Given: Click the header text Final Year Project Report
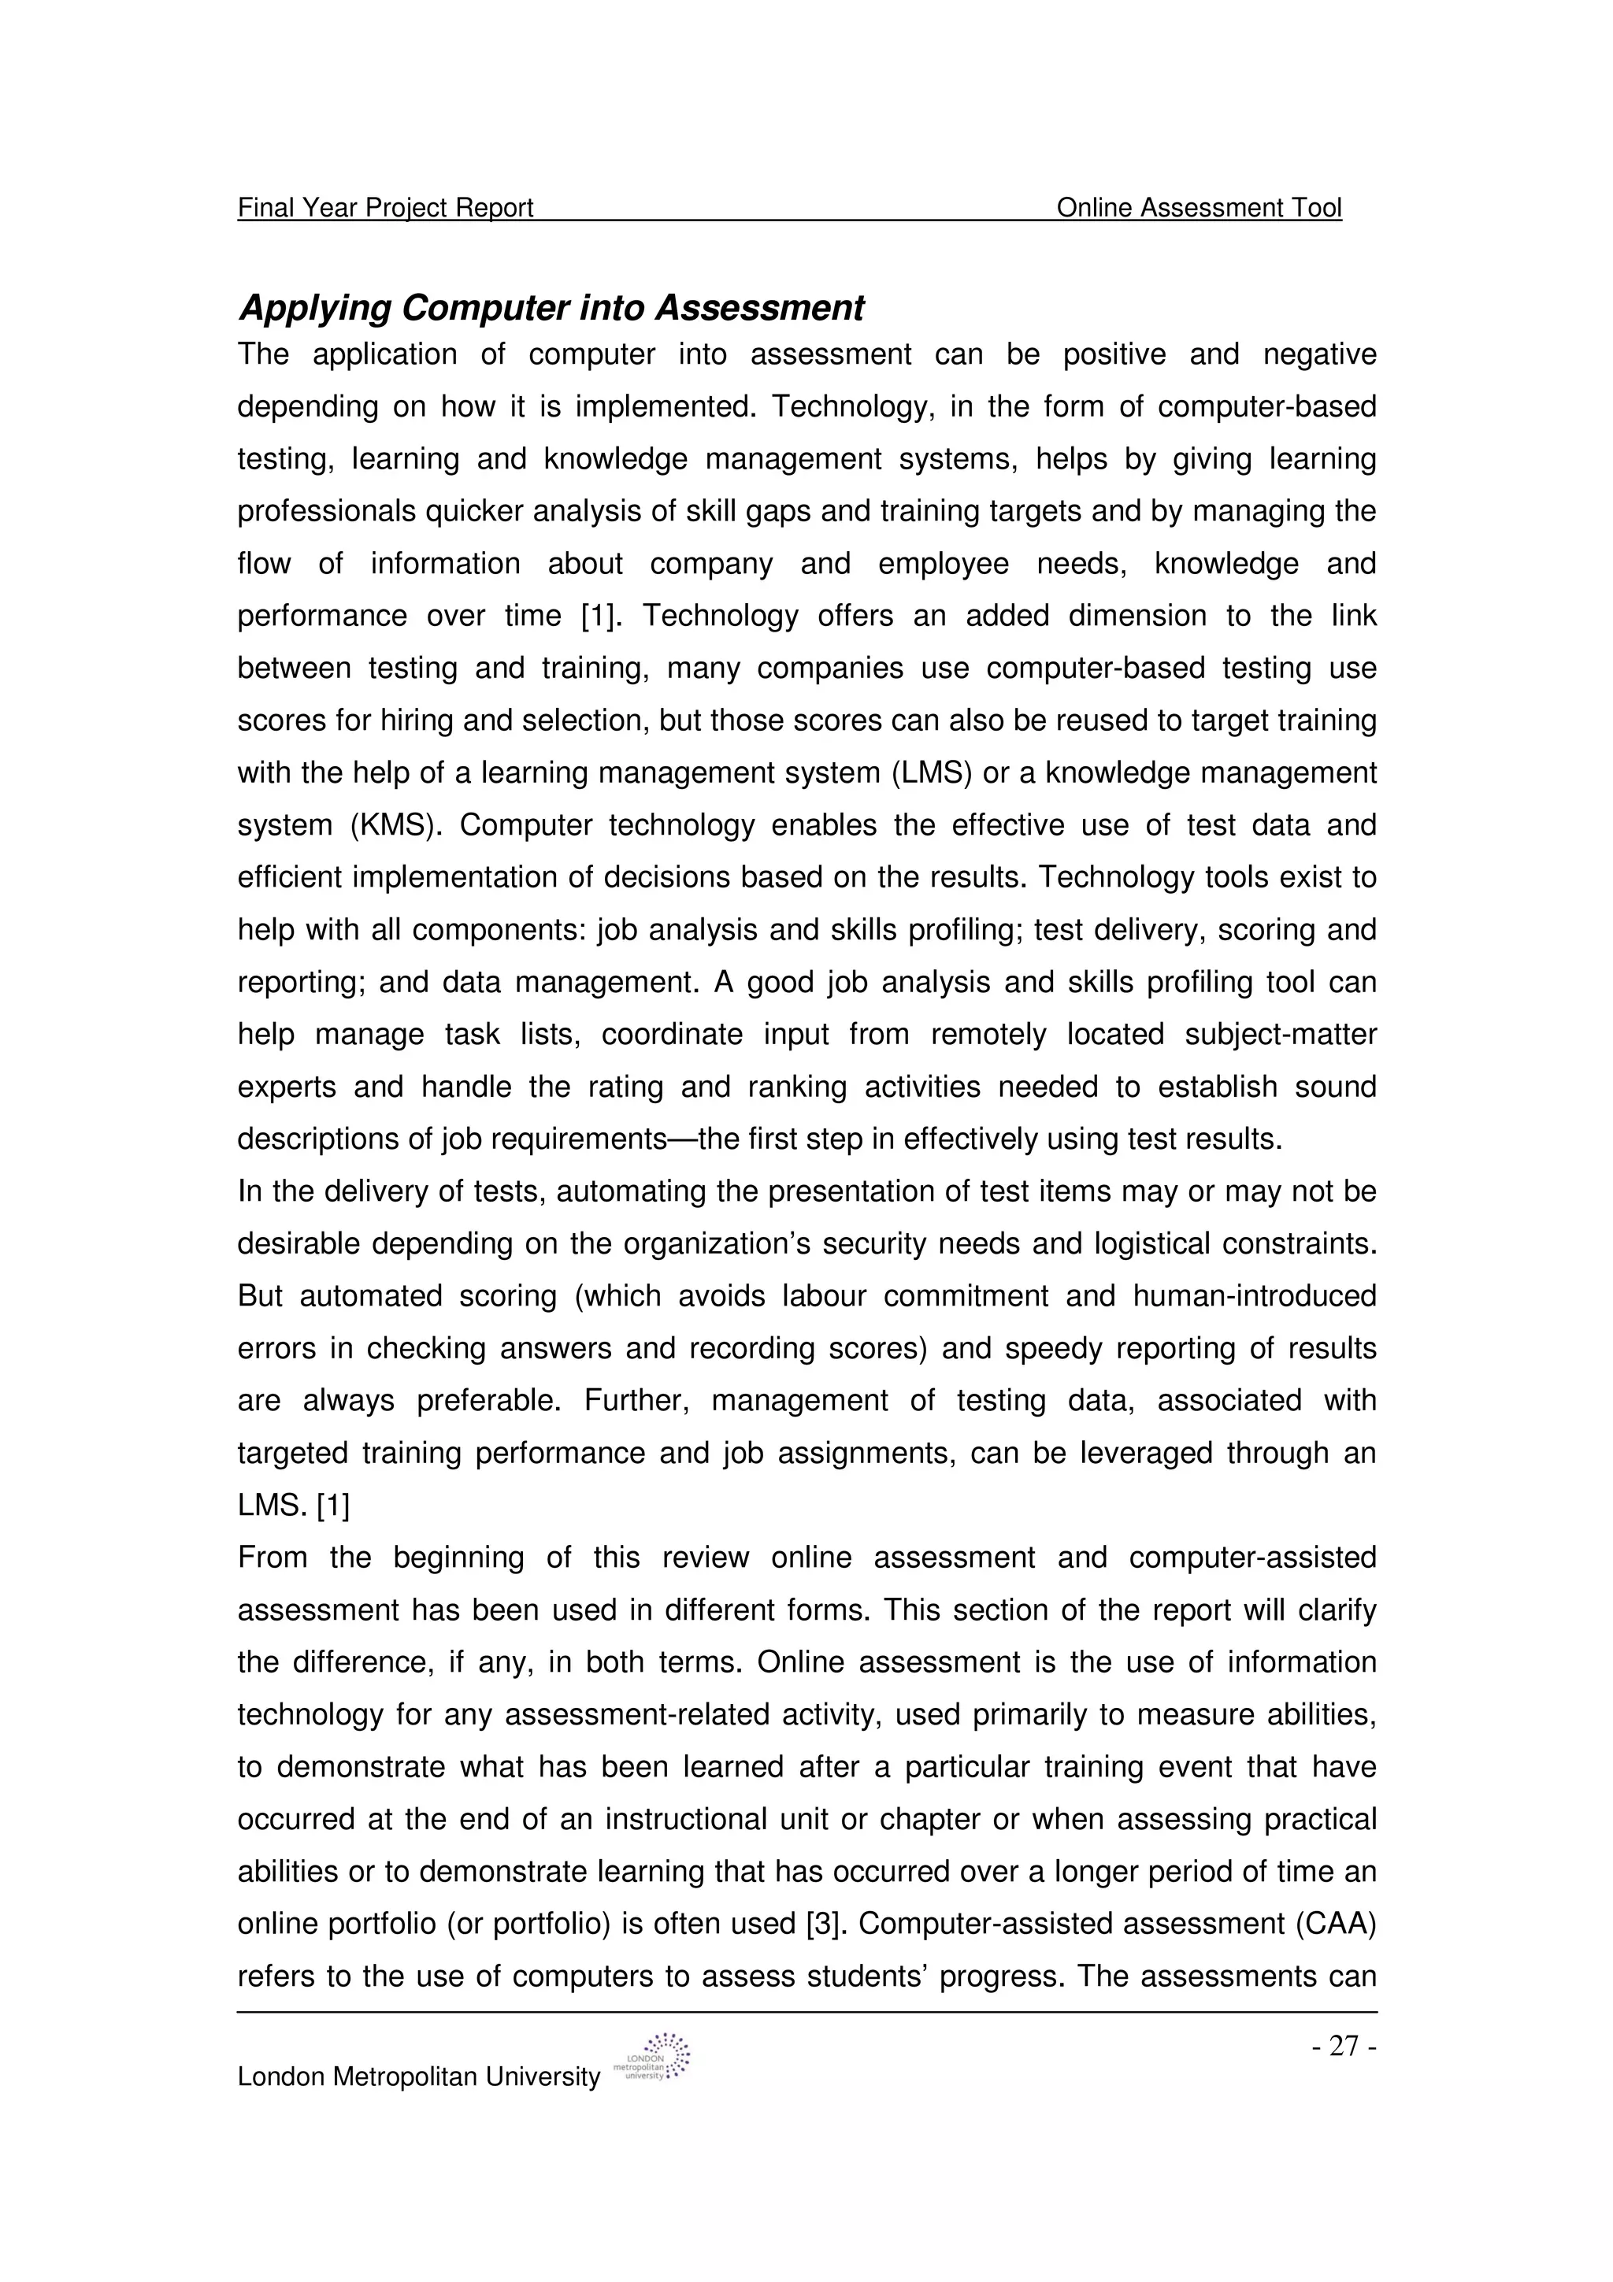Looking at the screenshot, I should click(386, 208).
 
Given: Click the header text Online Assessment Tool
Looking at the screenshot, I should click(1199, 208).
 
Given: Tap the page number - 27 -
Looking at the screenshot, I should click(1344, 2046).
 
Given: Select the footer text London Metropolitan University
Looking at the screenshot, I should click(418, 2076).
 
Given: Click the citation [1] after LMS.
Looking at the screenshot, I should click(333, 1506).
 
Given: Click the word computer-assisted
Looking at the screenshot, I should click(1252, 1558).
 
